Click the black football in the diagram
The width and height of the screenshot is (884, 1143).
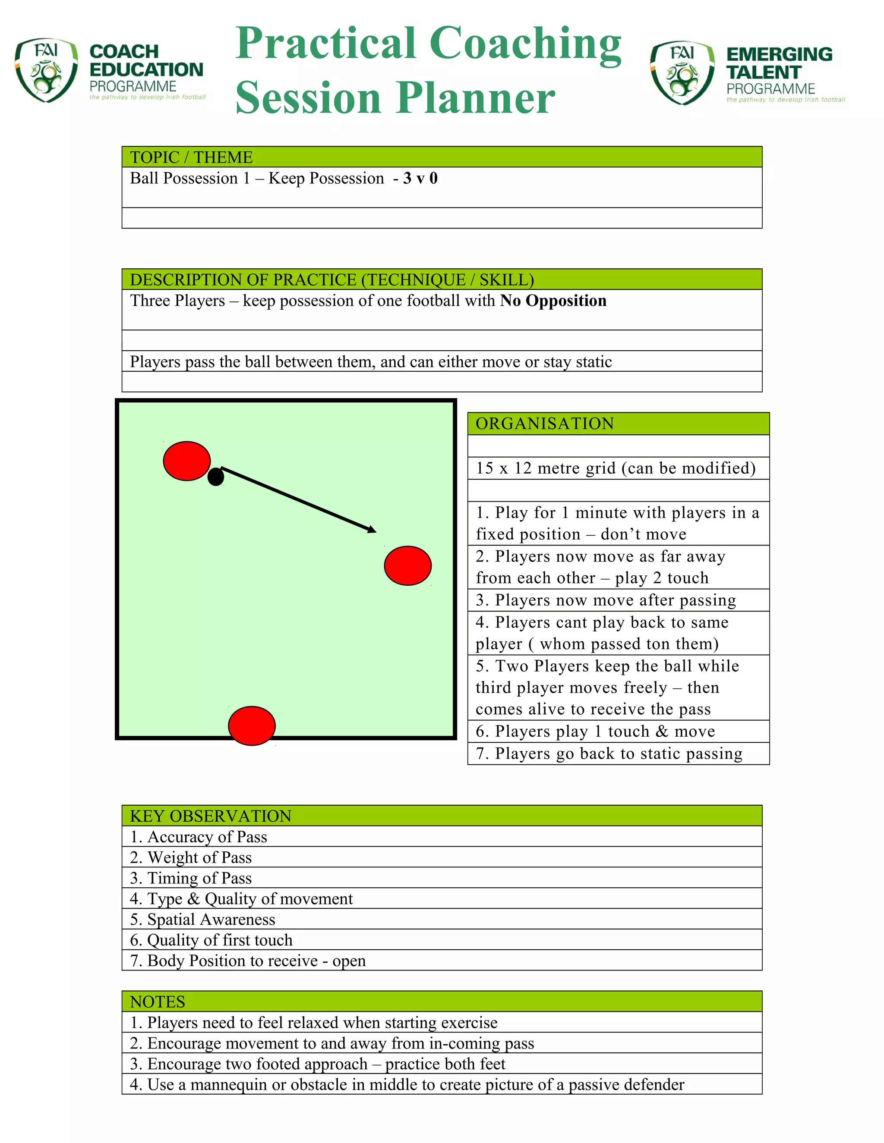click(x=216, y=477)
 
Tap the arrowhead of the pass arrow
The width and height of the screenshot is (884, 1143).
click(x=372, y=530)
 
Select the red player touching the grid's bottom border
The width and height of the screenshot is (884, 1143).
click(x=252, y=725)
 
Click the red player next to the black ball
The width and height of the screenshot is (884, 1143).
click(x=186, y=461)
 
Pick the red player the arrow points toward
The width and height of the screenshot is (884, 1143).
click(x=407, y=566)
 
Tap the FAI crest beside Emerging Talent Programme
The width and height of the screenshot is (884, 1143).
click(x=682, y=73)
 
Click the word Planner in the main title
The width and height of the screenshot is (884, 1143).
click(x=475, y=98)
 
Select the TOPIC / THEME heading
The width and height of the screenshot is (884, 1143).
click(x=191, y=157)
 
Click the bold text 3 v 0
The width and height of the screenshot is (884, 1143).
click(x=420, y=179)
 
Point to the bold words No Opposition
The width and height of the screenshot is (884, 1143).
click(x=553, y=301)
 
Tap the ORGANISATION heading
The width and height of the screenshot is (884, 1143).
click(x=545, y=424)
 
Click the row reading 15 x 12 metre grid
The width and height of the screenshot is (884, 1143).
click(x=616, y=468)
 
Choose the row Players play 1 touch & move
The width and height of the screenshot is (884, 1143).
click(x=595, y=731)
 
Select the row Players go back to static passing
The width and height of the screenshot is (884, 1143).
click(x=609, y=754)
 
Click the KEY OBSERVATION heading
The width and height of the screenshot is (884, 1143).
click(x=211, y=816)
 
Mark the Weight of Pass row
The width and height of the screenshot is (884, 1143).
click(x=191, y=857)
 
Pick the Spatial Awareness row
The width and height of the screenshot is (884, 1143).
click(x=203, y=919)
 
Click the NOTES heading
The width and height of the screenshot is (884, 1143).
click(x=158, y=1002)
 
